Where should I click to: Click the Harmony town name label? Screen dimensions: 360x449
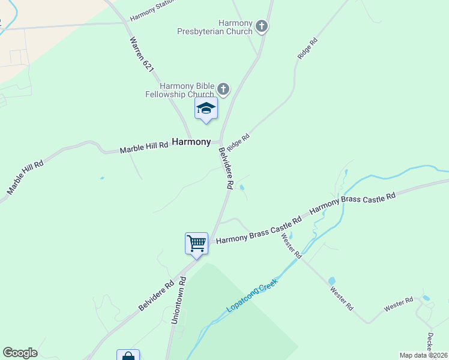click(191, 142)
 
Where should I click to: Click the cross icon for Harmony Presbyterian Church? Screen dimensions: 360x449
click(261, 26)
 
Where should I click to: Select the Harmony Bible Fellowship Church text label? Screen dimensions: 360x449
click(179, 90)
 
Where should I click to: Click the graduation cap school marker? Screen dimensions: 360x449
click(206, 109)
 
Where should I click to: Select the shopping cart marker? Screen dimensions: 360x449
click(196, 244)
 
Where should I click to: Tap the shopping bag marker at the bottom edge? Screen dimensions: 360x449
click(128, 355)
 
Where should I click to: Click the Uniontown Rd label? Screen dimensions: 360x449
click(178, 301)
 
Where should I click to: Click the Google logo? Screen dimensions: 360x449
click(20, 353)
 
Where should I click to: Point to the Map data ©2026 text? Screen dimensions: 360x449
click(423, 355)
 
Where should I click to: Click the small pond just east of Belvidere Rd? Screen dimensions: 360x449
click(242, 188)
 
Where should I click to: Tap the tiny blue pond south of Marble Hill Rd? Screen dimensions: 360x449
click(101, 178)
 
